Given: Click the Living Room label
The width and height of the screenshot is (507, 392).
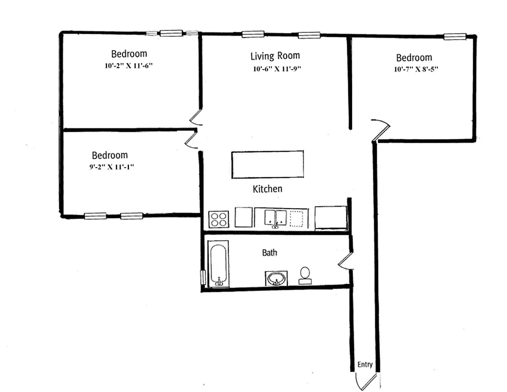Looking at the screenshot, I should tap(275, 56).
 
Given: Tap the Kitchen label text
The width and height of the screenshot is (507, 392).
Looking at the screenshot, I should tap(267, 189).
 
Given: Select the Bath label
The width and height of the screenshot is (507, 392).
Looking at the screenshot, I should tap(269, 253).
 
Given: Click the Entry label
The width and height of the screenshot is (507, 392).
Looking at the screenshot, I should tap(365, 365).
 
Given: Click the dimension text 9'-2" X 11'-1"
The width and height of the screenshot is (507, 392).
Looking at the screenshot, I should tap(109, 167).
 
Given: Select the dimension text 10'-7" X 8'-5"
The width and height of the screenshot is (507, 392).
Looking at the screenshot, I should tap(415, 69).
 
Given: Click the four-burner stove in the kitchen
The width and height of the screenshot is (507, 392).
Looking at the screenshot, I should tap(218, 219).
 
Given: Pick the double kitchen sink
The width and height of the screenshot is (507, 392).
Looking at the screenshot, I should tap(276, 218).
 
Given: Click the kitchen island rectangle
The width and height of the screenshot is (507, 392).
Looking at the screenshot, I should tap(267, 165).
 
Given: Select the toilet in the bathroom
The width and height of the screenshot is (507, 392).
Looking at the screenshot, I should tap(305, 275).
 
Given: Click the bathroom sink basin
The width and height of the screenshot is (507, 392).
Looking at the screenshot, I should tap(277, 279).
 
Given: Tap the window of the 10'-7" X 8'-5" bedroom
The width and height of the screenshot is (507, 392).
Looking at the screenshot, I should tap(455, 36).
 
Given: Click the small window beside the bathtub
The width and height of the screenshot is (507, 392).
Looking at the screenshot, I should tap(203, 277).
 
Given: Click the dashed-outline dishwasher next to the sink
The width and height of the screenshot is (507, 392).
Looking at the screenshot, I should tap(298, 219).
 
